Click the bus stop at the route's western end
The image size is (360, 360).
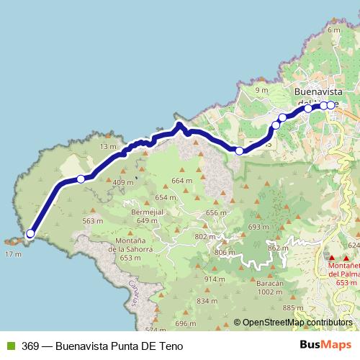pos(30,233)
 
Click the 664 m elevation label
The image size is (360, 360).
pos(183,181)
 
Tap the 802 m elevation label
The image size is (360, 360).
pos(205,237)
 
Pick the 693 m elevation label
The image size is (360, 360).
pos(258,227)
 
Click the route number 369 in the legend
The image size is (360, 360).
pos(30,346)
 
